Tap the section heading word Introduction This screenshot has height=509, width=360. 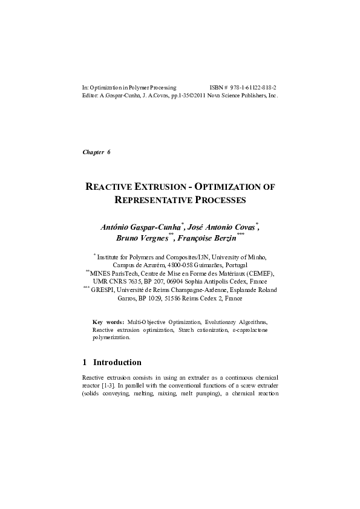pyautogui.click(x=117, y=363)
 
